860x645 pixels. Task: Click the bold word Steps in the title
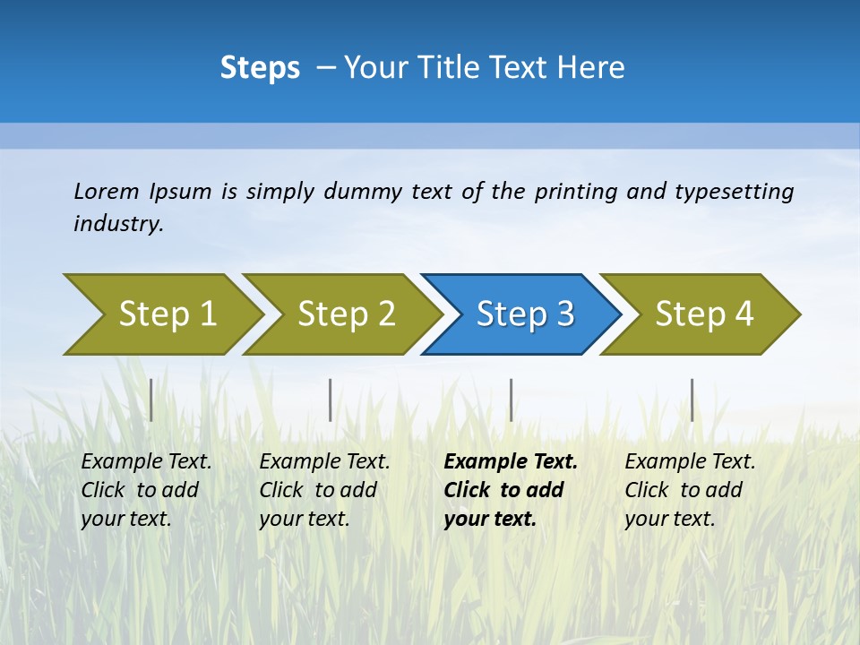pos(260,68)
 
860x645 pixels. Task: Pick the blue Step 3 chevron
pos(525,314)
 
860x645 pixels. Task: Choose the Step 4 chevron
pos(704,314)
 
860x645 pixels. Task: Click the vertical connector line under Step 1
pos(151,400)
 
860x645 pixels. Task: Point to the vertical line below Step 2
pos(331,400)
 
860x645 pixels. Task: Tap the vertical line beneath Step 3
pos(511,400)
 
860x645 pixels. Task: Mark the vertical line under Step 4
pos(692,400)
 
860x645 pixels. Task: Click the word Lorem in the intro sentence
pos(107,191)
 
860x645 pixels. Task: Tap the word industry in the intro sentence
pos(117,224)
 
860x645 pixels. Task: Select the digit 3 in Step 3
pos(564,314)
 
